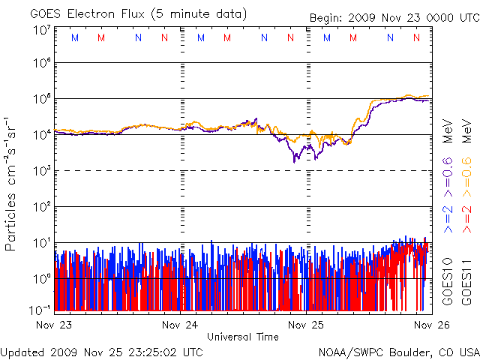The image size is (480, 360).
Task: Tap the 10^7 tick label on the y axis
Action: (x=40, y=31)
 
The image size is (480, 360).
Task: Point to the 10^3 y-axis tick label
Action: (x=40, y=172)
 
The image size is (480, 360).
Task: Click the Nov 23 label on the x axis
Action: (x=52, y=325)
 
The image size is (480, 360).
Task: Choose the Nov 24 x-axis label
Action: (x=180, y=325)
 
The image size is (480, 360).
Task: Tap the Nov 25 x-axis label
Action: (x=307, y=325)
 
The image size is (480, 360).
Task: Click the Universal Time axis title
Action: (x=243, y=337)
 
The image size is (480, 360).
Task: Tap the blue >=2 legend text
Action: (x=448, y=217)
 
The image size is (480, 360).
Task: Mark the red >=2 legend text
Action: (x=466, y=217)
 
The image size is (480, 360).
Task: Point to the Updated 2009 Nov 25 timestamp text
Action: (x=101, y=351)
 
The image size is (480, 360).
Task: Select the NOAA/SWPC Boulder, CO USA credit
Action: (x=398, y=351)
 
